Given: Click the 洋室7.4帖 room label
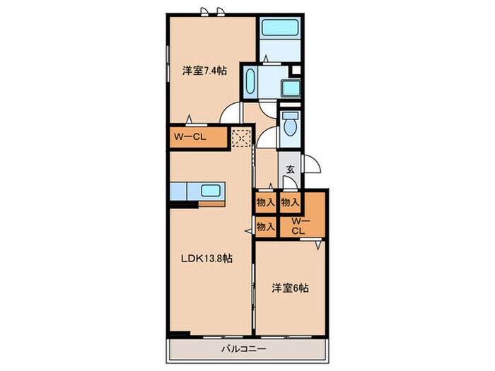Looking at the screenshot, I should click(x=204, y=71).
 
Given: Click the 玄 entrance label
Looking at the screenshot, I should click(x=290, y=169).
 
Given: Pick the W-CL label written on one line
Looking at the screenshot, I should click(x=187, y=137).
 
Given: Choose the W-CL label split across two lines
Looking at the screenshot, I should click(x=298, y=225).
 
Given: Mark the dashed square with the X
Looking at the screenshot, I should click(x=242, y=138).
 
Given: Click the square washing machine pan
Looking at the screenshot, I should click(x=291, y=88).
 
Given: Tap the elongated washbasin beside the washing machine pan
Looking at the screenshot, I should click(x=250, y=83).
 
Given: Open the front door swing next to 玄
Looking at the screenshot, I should click(x=311, y=164).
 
